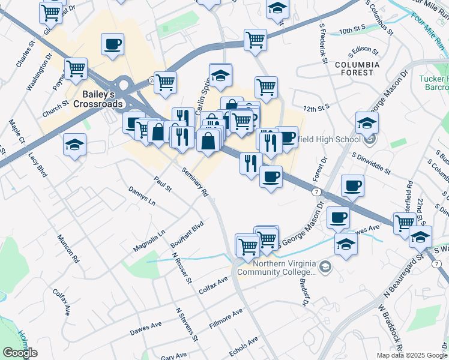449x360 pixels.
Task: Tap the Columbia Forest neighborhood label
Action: [357, 68]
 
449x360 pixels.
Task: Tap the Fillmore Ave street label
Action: [226, 318]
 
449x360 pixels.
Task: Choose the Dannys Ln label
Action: [141, 196]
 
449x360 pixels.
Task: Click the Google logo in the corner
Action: [20, 353]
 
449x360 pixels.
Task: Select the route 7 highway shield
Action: [316, 191]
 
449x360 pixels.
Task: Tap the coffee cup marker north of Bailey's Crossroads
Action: [113, 44]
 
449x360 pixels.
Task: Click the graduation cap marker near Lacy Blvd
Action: [74, 145]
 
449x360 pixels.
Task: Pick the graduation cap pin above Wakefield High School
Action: [367, 124]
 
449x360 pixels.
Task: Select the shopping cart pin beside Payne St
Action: [76, 69]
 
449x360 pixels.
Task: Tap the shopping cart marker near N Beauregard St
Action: [405, 222]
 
